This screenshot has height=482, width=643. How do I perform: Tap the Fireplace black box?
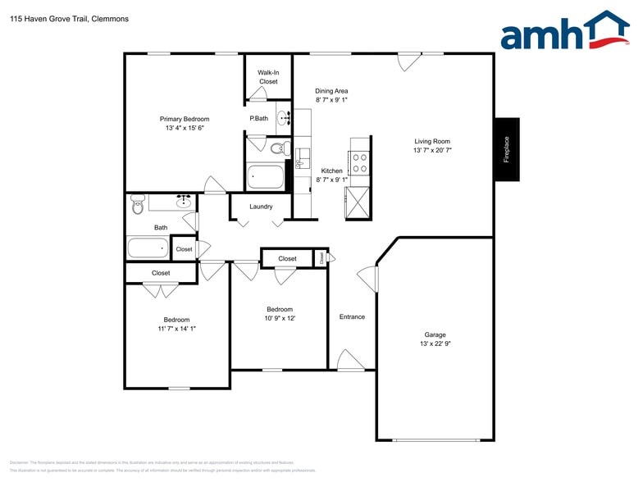point(506,150)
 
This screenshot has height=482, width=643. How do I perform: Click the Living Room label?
point(431,141)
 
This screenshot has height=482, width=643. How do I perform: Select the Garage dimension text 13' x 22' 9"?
point(435,343)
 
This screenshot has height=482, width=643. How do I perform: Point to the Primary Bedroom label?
point(184,119)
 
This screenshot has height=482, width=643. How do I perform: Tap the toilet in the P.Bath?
point(279,148)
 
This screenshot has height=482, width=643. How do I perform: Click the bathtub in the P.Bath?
point(265,177)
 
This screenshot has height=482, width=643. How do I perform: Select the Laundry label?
point(261,207)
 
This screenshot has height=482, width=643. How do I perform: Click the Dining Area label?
point(331,91)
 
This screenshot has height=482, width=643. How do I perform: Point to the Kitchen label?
point(331,171)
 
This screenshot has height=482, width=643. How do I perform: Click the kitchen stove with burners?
point(359,161)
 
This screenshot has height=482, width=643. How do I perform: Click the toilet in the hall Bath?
point(137,205)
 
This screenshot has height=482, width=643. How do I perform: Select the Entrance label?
point(352,316)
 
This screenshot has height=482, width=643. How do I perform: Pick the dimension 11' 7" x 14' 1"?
point(176,328)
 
